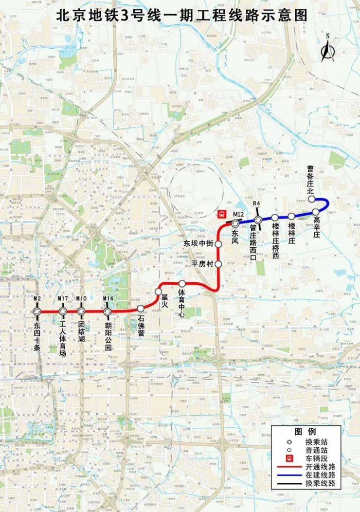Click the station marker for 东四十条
(37, 311)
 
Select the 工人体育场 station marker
(63, 311)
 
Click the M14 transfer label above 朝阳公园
(108, 298)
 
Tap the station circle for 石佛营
(141, 309)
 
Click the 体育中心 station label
(181, 294)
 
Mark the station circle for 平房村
(218, 264)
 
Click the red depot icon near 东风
(222, 214)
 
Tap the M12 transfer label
(238, 215)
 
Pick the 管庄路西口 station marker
(259, 220)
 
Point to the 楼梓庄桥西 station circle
(275, 218)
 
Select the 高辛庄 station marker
(316, 212)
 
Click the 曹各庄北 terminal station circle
(311, 199)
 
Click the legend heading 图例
(306, 432)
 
